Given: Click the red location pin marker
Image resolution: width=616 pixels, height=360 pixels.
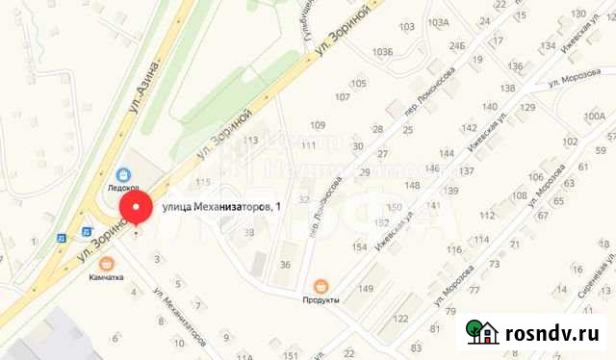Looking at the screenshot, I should pyautogui.click(x=135, y=211).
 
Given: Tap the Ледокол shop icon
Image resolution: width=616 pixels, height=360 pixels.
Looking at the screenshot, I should pyautogui.click(x=124, y=174).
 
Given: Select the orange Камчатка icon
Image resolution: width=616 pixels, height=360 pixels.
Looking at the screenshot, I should pyautogui.click(x=107, y=261).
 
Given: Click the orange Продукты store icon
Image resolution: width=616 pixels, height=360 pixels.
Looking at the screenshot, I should pyautogui.click(x=321, y=285).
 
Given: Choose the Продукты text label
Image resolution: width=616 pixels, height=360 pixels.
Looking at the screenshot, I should pyautogui.click(x=321, y=300).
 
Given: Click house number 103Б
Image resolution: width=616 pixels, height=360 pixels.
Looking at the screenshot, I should pyautogui.click(x=385, y=51).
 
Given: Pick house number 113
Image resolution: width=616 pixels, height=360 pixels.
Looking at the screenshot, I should pyautogui.click(x=252, y=141).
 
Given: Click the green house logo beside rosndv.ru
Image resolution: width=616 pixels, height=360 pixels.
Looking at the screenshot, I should pyautogui.click(x=481, y=332).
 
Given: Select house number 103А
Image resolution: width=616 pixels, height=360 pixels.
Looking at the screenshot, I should pyautogui.click(x=439, y=21).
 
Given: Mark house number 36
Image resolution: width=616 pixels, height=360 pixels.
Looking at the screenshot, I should pyautogui.click(x=286, y=265).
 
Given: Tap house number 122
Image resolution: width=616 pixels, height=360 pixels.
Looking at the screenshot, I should pyautogui.click(x=401, y=319).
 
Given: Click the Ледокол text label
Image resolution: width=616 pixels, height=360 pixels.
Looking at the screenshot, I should pyautogui.click(x=123, y=190).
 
